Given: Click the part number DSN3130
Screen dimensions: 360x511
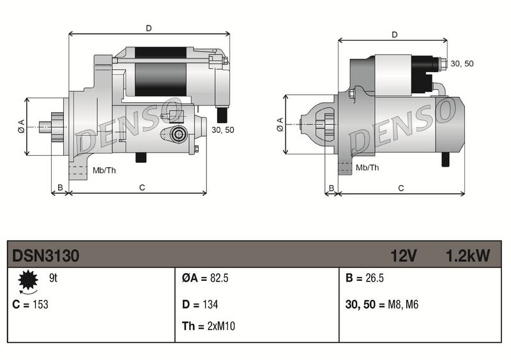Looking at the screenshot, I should pos(45,256).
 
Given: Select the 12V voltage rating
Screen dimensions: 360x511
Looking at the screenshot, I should pos(404,256).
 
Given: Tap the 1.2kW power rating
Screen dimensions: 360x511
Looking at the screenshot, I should pos(468,256).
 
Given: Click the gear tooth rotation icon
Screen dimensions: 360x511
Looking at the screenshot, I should pos(27,281).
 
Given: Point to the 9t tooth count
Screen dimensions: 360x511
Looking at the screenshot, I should pos(54,278).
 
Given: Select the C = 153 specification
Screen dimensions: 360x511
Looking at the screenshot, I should pos(31,304).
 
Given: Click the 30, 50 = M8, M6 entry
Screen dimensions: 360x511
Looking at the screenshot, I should pos(381,304).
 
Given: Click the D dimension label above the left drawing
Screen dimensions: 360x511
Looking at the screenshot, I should pos(148,28).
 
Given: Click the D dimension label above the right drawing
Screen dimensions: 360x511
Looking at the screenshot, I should pos(394,35).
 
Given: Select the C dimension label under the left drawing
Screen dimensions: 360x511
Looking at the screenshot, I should pos(142,187).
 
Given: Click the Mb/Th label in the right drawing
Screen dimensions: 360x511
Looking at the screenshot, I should pos(367,167).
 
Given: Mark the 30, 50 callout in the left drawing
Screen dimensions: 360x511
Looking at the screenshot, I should pos(222,130).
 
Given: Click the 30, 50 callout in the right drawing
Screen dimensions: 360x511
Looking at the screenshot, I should pos(462,64).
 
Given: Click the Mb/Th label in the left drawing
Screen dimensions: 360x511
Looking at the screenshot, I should pos(104,170).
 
